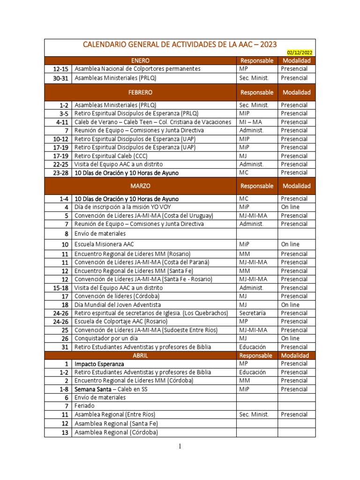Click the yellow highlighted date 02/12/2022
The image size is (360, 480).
[x=300, y=53]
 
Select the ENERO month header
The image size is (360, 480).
[x=141, y=60]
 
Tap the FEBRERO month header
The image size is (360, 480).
[x=141, y=92]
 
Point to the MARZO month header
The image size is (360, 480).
[x=141, y=186]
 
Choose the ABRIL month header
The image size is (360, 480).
[x=141, y=355]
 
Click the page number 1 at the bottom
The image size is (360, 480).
[x=180, y=446]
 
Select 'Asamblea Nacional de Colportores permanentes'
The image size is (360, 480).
[x=131, y=69]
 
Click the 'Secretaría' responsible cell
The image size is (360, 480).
[x=252, y=313]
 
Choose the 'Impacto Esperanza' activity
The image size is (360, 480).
[x=99, y=364]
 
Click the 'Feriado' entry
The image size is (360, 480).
[x=84, y=406]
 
